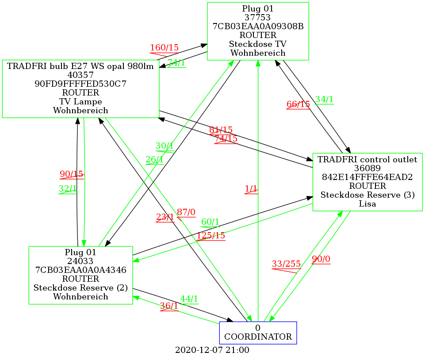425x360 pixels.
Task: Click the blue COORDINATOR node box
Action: point(258,333)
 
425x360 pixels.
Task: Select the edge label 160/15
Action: point(164,48)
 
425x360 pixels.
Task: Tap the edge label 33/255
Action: point(286,264)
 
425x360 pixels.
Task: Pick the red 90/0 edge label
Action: point(321,260)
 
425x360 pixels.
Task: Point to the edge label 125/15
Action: point(211,236)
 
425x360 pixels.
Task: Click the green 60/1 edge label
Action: point(210,222)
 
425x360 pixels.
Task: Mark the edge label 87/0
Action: point(186,212)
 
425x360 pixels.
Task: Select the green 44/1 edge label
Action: point(189,299)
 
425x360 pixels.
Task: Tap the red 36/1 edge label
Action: point(169,306)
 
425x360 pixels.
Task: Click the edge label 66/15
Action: point(298,104)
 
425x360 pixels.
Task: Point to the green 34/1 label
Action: point(324,100)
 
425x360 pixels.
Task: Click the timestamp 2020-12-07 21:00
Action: point(212,350)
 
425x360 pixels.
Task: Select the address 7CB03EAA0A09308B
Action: point(258,26)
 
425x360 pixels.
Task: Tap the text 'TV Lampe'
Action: point(80,102)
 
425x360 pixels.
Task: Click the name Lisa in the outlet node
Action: point(368,204)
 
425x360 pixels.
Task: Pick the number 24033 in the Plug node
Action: point(80,261)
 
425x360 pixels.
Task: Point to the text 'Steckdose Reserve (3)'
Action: point(368,195)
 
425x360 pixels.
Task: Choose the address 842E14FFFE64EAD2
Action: point(368,177)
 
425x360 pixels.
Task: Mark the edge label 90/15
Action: point(72,174)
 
